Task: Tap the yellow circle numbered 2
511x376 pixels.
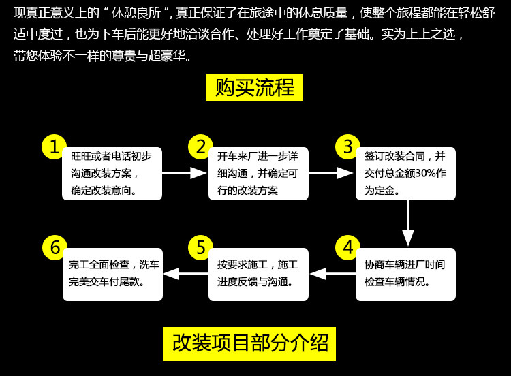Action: (x=200, y=147)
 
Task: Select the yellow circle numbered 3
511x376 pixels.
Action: (x=347, y=147)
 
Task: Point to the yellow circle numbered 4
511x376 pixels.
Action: (x=347, y=248)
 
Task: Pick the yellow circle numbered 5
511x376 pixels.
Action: (x=200, y=248)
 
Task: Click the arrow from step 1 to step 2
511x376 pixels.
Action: (x=184, y=173)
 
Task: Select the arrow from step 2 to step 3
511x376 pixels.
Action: (x=330, y=173)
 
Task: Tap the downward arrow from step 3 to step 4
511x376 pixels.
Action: (x=407, y=223)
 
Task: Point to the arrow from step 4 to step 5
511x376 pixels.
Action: (x=332, y=274)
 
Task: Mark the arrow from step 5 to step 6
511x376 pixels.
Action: (x=186, y=274)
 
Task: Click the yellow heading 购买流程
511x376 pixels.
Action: (x=255, y=87)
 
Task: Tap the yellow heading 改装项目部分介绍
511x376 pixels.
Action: (x=249, y=344)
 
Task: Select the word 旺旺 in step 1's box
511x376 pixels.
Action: (x=80, y=156)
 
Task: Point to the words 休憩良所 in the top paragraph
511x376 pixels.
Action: (x=136, y=13)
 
